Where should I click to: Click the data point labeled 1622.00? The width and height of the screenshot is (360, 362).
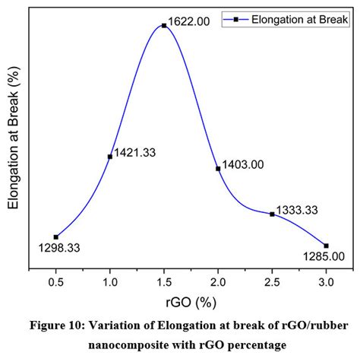164,25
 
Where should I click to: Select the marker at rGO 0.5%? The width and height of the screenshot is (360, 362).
55,237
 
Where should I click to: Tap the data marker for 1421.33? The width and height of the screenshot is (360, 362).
110,157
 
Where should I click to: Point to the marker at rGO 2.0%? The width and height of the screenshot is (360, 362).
218,169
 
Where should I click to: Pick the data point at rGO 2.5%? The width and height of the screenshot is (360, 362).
272,214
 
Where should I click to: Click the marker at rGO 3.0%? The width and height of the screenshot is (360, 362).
326,246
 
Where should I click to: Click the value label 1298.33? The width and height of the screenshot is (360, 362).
59,248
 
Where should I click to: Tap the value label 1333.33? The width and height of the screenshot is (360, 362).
297,209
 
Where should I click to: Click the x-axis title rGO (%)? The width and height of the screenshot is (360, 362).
191,302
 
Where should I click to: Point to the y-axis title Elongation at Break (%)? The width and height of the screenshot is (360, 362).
14,141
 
